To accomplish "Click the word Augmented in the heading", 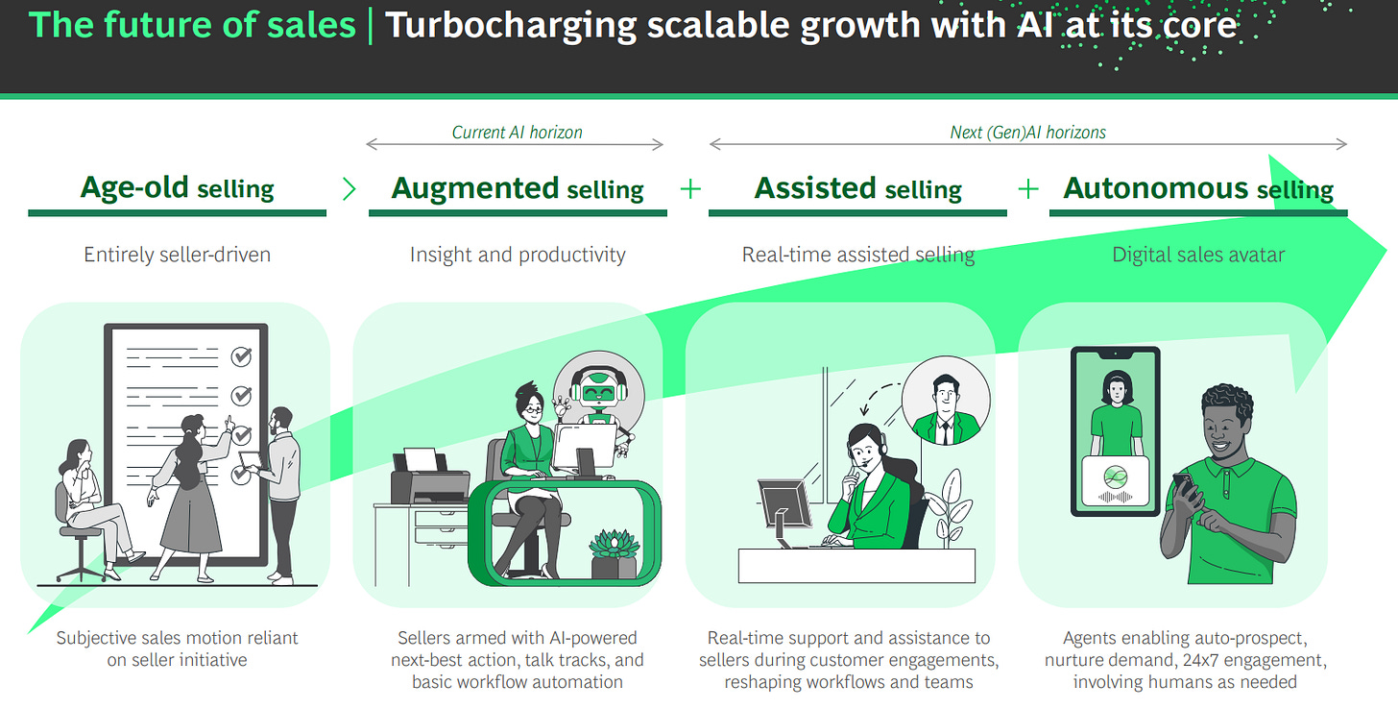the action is click(x=475, y=188).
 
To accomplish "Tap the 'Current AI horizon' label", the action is click(x=517, y=133).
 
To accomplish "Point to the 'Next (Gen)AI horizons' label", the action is click(x=1027, y=133).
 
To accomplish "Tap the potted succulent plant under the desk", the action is click(x=615, y=555).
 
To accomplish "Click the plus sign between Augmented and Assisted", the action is click(x=689, y=188).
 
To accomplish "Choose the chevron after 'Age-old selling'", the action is click(x=349, y=188).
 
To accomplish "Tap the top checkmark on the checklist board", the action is click(x=241, y=357).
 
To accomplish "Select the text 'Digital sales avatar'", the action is click(x=1198, y=255).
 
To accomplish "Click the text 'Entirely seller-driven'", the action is click(x=178, y=255).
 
